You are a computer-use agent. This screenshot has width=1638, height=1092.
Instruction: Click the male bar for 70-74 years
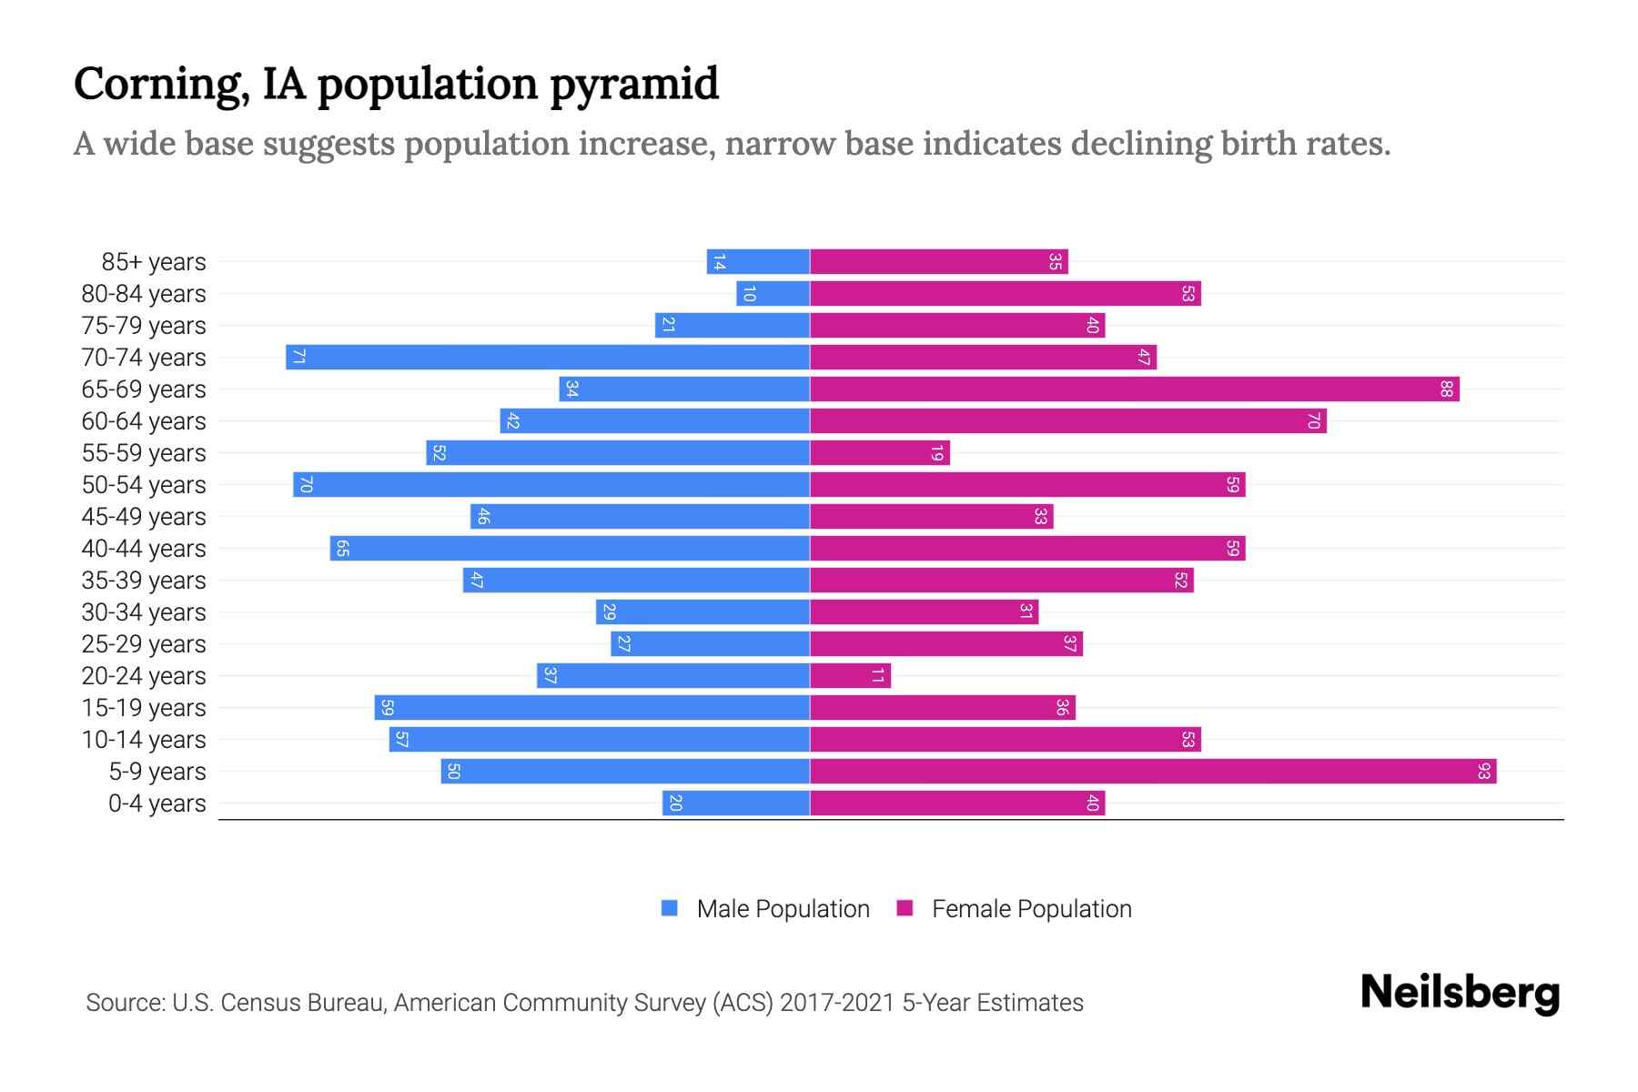(x=548, y=357)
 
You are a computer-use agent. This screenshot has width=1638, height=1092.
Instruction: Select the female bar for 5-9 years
(x=1153, y=772)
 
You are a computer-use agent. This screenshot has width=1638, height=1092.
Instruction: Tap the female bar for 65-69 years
(x=1135, y=389)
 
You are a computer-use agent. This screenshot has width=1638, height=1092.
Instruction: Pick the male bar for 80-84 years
(x=773, y=294)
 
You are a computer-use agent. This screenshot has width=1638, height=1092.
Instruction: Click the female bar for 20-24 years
(x=850, y=676)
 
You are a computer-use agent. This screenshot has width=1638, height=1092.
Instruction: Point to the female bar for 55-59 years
(x=880, y=453)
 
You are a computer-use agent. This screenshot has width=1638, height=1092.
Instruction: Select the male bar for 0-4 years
(x=736, y=804)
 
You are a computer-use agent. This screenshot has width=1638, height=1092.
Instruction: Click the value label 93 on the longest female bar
(x=1484, y=772)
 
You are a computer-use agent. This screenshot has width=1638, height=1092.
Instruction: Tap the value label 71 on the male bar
(x=298, y=357)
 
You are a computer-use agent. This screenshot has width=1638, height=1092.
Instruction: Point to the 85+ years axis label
(x=153, y=262)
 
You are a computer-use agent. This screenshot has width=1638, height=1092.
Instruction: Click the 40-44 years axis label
(x=144, y=549)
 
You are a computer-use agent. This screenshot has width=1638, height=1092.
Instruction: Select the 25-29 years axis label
(x=144, y=644)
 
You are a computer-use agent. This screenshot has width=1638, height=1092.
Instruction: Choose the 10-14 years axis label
(x=144, y=740)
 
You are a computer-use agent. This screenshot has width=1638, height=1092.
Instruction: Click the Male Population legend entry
(x=782, y=909)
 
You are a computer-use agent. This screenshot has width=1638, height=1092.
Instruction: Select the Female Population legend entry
(x=1030, y=909)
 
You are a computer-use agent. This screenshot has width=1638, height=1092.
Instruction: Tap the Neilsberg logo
(x=1460, y=993)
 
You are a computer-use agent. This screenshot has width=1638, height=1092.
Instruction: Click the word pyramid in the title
(x=634, y=85)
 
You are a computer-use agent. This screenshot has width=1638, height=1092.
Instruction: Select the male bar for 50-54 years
(x=551, y=485)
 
